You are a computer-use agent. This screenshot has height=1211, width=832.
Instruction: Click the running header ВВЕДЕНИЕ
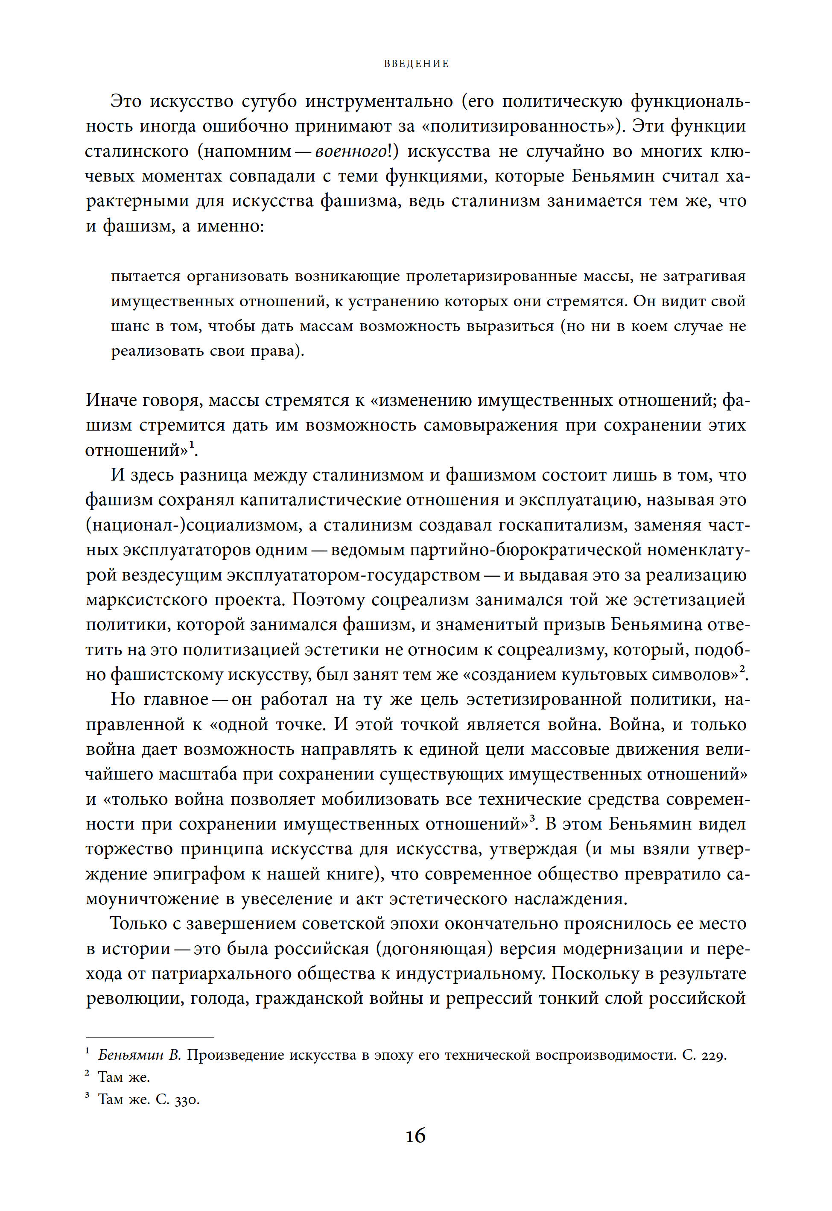[x=416, y=64]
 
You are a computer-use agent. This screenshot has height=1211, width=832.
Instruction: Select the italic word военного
[x=351, y=151]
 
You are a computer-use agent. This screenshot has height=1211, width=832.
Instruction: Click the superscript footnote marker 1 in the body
[x=191, y=445]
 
